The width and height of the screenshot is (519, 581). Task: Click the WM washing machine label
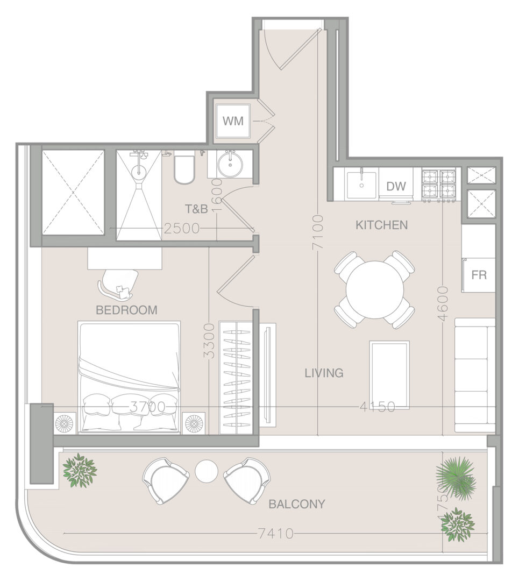tap(233, 121)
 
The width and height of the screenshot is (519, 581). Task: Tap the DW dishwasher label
tap(396, 186)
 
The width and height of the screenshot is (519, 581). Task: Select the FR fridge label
tap(479, 275)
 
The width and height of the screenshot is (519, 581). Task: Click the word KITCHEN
tap(381, 225)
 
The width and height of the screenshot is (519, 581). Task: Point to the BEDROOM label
tap(127, 310)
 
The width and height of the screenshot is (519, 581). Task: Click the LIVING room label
tap(324, 373)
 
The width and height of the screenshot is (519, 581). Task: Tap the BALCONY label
tap(297, 504)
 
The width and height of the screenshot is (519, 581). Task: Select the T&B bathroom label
tap(196, 209)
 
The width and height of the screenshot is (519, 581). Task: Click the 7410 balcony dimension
tap(276, 534)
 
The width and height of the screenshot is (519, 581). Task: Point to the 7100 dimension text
tap(318, 232)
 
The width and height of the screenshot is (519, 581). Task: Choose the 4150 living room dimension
tap(378, 407)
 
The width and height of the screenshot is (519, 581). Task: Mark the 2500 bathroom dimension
tap(182, 229)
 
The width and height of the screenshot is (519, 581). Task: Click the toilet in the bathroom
tap(184, 168)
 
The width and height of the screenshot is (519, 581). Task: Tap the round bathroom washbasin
tap(230, 165)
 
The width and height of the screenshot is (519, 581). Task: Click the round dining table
tap(375, 290)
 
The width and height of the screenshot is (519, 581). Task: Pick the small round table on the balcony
tap(207, 471)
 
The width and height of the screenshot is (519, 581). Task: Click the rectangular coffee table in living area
tap(389, 375)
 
